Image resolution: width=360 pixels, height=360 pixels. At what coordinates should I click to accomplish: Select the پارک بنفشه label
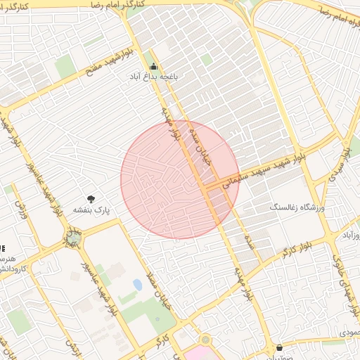92,210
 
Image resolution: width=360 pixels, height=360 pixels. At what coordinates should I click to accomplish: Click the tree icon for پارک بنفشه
91,199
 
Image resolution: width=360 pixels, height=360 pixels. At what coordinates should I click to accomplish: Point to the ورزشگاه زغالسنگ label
295,209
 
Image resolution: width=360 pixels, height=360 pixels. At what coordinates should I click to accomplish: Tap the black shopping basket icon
279,347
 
